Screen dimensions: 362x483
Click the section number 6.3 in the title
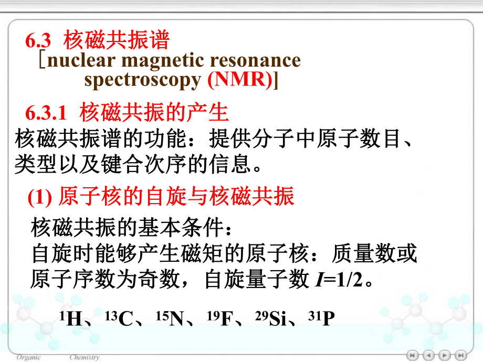[x=38, y=41]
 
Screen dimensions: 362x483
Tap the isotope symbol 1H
[x=71, y=318]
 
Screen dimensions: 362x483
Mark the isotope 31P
[x=323, y=318]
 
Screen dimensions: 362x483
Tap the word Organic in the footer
[x=28, y=357]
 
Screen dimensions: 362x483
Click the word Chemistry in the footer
[x=84, y=357]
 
